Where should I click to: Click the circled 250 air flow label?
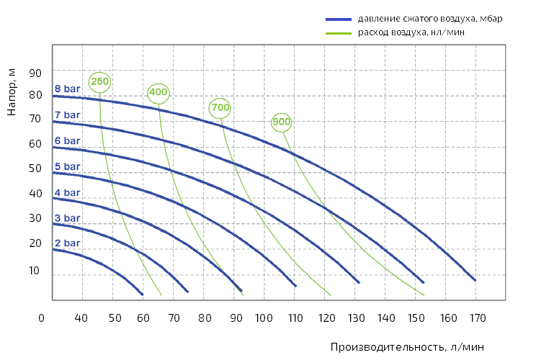(100, 81)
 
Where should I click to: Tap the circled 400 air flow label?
(158, 92)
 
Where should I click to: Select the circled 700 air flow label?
(220, 108)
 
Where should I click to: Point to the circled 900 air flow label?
(282, 122)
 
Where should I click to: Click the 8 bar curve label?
(67, 89)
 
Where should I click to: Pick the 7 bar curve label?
(67, 115)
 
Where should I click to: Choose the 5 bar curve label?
(67, 166)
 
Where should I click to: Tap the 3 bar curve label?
(67, 217)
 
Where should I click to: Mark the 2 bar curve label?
(67, 243)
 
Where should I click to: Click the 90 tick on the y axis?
(35, 73)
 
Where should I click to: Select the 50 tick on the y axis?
(35, 168)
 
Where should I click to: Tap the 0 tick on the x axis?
(42, 318)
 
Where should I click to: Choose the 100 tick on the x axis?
(264, 318)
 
